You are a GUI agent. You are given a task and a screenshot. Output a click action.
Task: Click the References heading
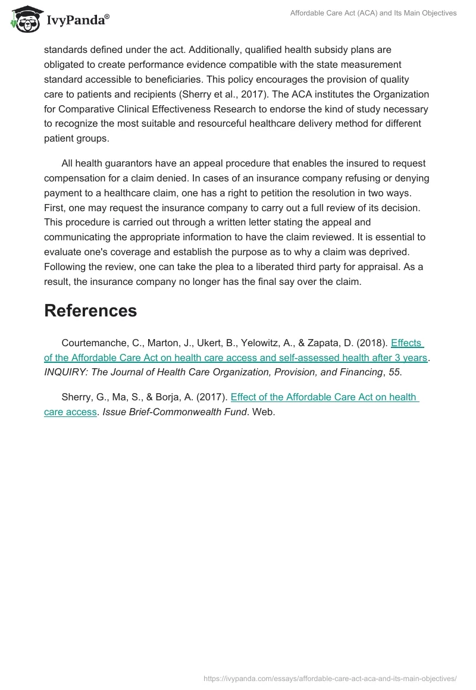click(90, 310)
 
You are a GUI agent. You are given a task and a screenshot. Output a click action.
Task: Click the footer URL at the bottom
click(330, 678)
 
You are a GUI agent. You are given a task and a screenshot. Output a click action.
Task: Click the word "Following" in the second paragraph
click(65, 267)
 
